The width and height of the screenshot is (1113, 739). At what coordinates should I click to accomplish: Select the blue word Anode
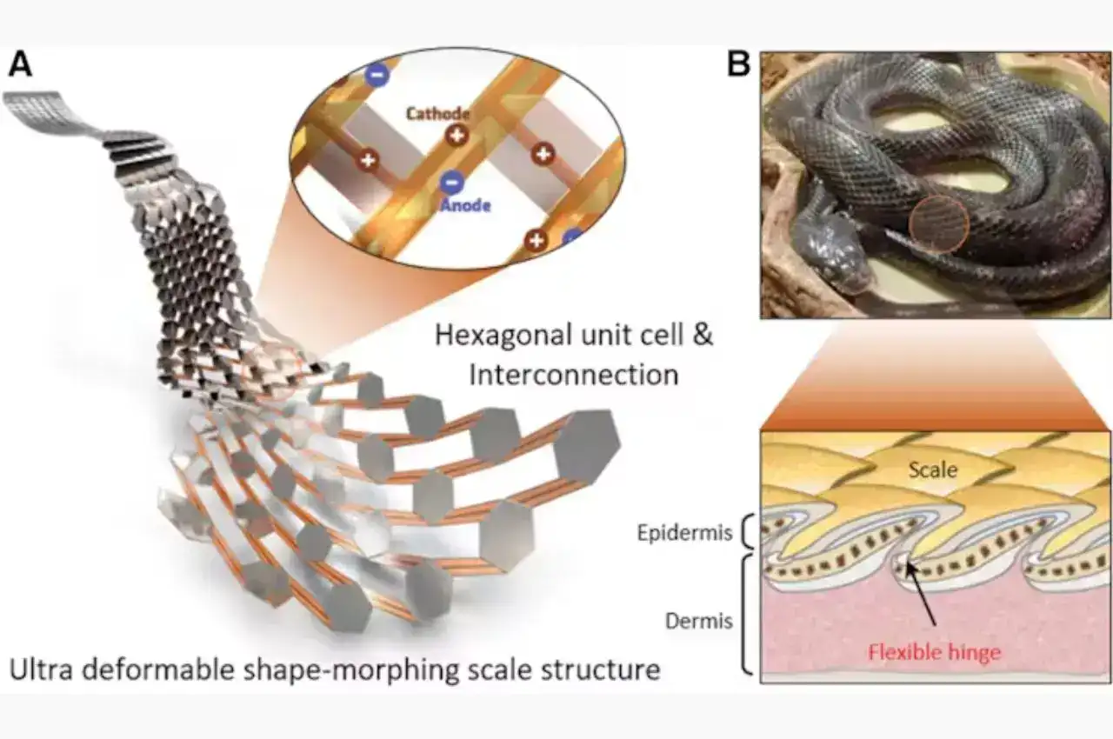click(465, 205)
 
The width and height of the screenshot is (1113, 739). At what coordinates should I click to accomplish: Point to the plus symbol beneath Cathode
click(456, 135)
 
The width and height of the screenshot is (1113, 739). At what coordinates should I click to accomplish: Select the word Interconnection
click(573, 375)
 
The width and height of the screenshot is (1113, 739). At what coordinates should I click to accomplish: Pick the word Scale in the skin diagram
click(932, 469)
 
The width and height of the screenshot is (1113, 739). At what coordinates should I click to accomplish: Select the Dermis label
click(698, 622)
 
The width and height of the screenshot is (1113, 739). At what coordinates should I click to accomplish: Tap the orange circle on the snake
click(939, 223)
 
